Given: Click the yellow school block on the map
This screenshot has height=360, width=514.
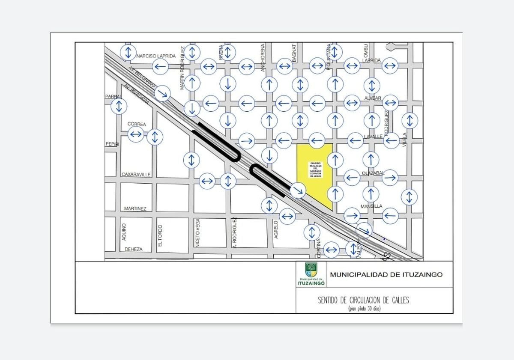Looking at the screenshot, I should (x=315, y=173).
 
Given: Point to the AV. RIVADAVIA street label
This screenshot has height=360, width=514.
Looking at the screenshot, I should (x=136, y=95).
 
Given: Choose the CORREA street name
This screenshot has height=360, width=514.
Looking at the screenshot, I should (x=137, y=124).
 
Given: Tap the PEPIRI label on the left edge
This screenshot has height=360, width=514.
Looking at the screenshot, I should (x=111, y=144).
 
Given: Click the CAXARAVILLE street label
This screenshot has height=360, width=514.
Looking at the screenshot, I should (x=136, y=175).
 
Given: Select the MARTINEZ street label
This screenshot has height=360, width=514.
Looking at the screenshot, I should (x=135, y=208).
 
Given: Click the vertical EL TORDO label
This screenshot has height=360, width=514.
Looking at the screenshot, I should (x=160, y=235).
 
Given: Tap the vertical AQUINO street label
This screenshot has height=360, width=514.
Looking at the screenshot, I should (x=123, y=232).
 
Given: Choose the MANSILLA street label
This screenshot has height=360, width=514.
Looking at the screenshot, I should (x=371, y=206).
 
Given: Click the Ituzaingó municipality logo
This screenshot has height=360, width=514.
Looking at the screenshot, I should (x=311, y=274).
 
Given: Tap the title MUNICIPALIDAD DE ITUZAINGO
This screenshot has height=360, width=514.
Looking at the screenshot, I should (x=386, y=275).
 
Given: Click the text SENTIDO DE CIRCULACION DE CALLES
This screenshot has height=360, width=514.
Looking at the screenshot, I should (x=363, y=300).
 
